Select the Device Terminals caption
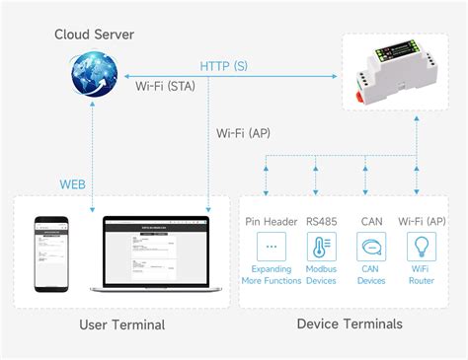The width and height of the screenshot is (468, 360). pyautogui.click(x=349, y=324)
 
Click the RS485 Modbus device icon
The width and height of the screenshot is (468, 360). pyautogui.click(x=321, y=247)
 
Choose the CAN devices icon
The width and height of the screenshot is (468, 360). pyautogui.click(x=371, y=247)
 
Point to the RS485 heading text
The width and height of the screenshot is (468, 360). pyautogui.click(x=321, y=221)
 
